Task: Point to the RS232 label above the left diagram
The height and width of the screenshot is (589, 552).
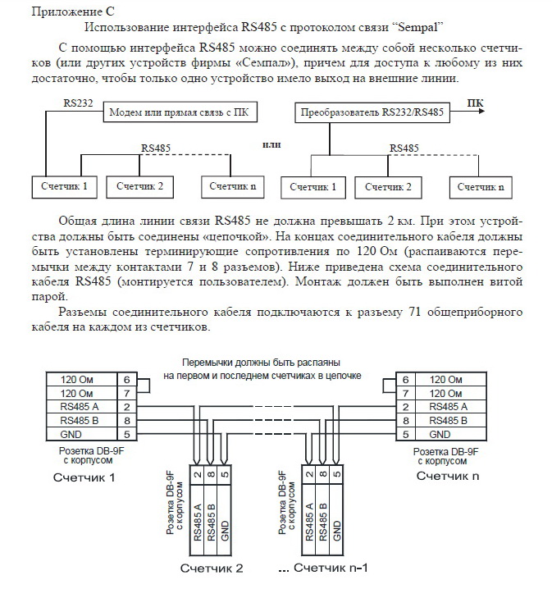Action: pos(79,104)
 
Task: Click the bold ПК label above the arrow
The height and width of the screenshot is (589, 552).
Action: pos(475,103)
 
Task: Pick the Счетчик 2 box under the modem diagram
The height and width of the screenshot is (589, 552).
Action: pos(140,186)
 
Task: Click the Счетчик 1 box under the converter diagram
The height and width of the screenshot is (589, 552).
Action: pos(310,186)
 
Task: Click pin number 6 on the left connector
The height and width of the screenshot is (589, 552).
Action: pos(125,380)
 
